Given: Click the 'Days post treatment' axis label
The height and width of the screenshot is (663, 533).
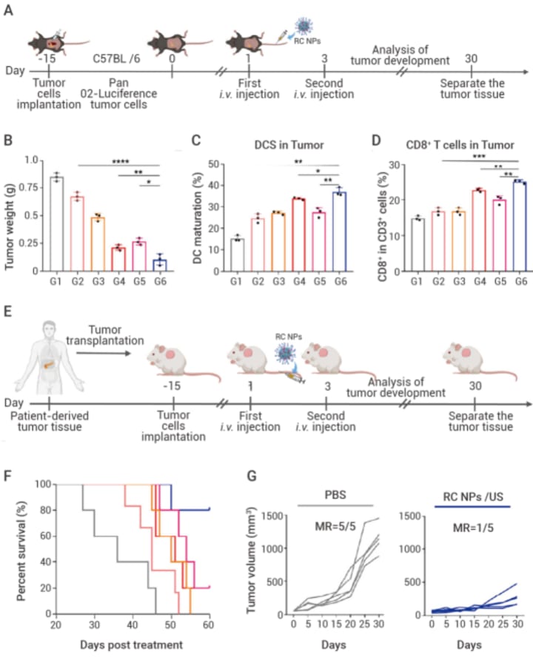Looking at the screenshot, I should point(132,645).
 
